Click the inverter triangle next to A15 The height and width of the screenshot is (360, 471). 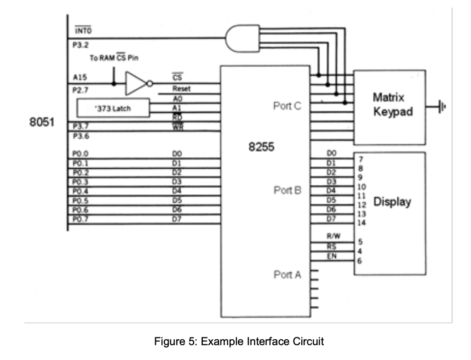[x=135, y=83]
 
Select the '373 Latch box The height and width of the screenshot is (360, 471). [x=113, y=109]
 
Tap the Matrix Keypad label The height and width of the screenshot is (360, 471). [x=389, y=105]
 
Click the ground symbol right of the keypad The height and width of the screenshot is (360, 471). [x=442, y=107]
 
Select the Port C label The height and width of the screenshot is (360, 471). [x=287, y=106]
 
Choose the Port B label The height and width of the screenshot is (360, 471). [x=287, y=190]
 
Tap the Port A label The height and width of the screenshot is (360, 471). [x=287, y=275]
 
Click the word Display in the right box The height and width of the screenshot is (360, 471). [x=392, y=202]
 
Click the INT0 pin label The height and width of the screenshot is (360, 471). [x=83, y=31]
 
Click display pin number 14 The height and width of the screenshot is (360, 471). [x=362, y=223]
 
